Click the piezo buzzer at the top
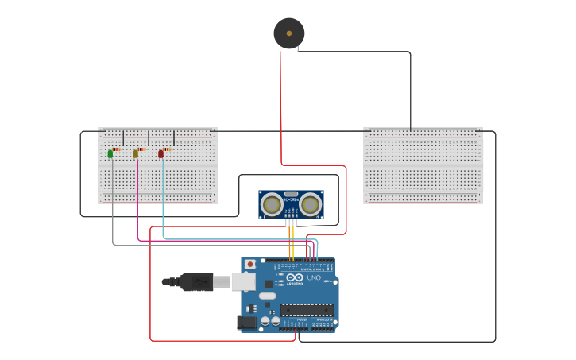[288, 33]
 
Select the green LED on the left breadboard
[110, 154]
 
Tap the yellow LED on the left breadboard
[136, 154]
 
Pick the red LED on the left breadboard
[161, 154]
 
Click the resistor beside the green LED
[116, 149]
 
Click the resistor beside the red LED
[167, 149]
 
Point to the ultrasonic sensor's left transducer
[273, 205]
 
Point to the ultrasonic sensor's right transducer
[310, 205]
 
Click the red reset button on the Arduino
[250, 264]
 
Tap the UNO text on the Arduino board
[314, 278]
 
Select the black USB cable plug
[195, 281]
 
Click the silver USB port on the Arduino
[243, 281]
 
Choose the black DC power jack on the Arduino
[247, 322]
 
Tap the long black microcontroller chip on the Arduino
[306, 310]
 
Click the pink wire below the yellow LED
[137, 215]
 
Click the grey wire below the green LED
[112, 215]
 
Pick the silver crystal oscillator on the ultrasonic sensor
[291, 194]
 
